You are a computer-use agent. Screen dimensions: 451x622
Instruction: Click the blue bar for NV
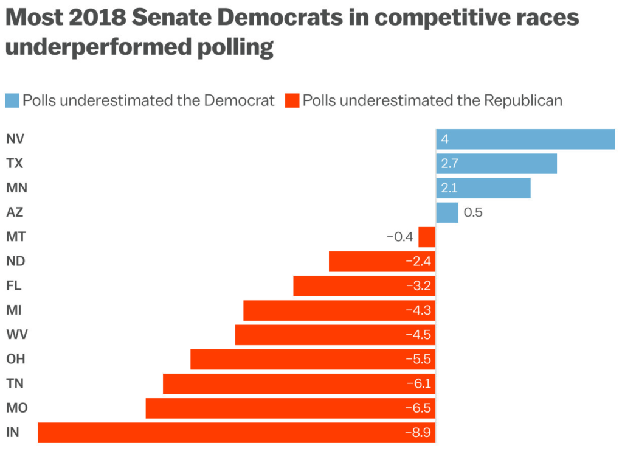tap(525, 139)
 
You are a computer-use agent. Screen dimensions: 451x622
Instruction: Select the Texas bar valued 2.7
tap(496, 163)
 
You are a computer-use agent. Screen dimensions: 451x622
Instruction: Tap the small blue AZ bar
tap(447, 212)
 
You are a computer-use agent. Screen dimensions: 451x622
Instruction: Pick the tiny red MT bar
tap(427, 237)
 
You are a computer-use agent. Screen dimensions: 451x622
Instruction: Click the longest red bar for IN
tap(237, 433)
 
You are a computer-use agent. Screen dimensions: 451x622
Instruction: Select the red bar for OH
tap(313, 359)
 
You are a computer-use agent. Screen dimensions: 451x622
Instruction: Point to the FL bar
tap(364, 286)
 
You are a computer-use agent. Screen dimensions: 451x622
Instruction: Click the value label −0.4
tap(399, 237)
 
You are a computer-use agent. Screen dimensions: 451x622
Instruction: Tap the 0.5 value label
tap(473, 212)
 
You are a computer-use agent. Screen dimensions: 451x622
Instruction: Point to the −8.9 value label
tap(418, 433)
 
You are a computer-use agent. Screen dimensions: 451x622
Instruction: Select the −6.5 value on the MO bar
tap(418, 408)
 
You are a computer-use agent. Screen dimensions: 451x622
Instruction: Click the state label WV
tap(16, 335)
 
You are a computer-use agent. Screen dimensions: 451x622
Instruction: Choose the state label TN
tap(15, 383)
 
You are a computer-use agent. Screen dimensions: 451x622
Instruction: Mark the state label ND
tap(15, 261)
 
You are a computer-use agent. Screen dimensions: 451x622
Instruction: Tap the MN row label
tap(16, 187)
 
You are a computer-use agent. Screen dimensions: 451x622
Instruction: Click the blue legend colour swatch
tap(12, 100)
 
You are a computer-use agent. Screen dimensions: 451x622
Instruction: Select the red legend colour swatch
tap(292, 100)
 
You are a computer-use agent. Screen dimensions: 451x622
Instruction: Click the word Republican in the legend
tap(523, 100)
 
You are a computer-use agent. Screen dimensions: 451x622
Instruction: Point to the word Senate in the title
tap(171, 19)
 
